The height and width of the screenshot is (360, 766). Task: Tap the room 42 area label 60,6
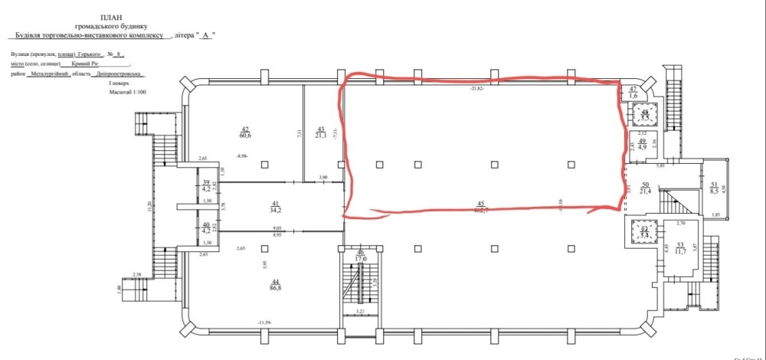(246, 133)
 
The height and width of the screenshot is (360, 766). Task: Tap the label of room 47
(633, 93)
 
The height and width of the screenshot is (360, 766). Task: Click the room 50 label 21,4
(646, 188)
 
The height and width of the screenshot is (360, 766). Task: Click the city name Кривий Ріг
(83, 64)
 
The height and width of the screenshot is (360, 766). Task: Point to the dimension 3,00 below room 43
(323, 178)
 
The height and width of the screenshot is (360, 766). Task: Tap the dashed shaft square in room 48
(644, 115)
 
